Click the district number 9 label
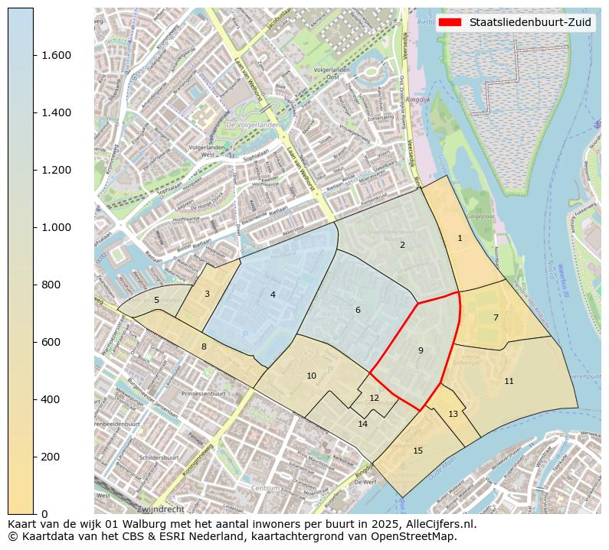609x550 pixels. click(421, 350)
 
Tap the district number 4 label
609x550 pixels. click(273, 295)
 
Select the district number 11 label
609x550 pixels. click(509, 381)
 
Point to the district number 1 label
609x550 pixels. click(460, 238)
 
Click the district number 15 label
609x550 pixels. click(417, 451)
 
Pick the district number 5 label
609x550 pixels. click(156, 300)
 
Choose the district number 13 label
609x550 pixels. click(453, 414)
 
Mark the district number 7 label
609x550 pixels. click(496, 317)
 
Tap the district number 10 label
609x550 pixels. click(311, 376)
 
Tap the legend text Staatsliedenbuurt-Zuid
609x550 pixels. click(530, 23)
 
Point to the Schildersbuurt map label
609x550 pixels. click(159, 457)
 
